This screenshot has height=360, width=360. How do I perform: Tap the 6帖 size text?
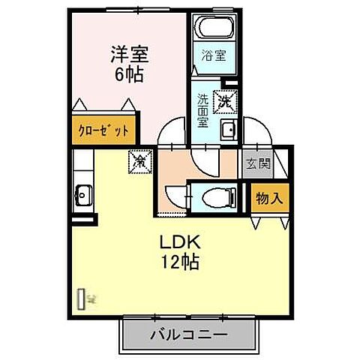(129, 74)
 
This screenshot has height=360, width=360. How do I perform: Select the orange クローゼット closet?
(105, 130)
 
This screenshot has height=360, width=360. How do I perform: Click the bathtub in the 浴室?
(214, 29)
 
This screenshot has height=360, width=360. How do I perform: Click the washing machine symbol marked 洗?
(225, 98)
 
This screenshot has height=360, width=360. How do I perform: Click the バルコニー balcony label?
(187, 332)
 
